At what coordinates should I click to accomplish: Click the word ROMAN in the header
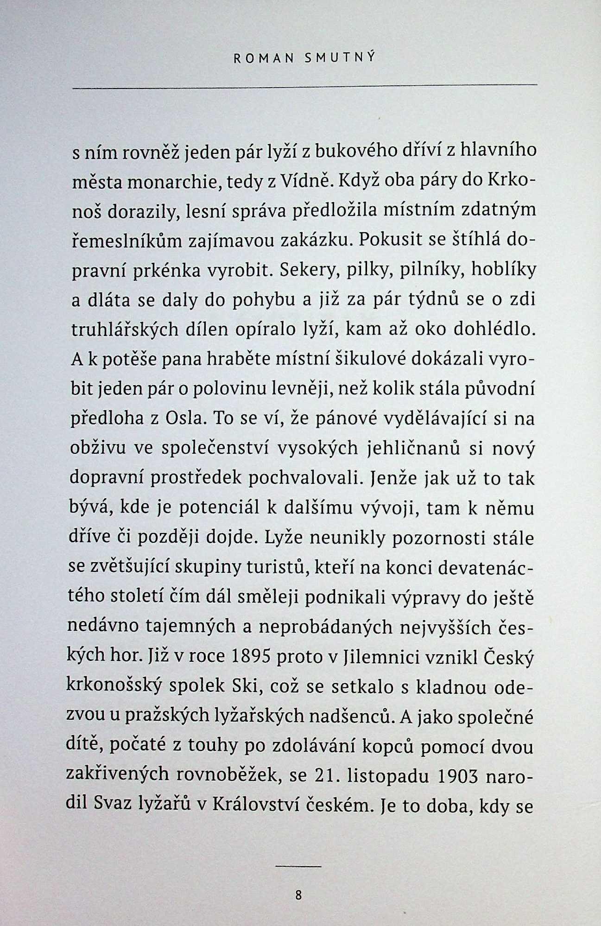point(264,58)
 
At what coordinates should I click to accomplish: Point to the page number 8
point(298,895)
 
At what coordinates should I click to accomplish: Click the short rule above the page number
point(298,866)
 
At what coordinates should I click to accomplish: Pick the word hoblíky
point(504,269)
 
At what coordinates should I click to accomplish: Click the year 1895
point(253,657)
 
